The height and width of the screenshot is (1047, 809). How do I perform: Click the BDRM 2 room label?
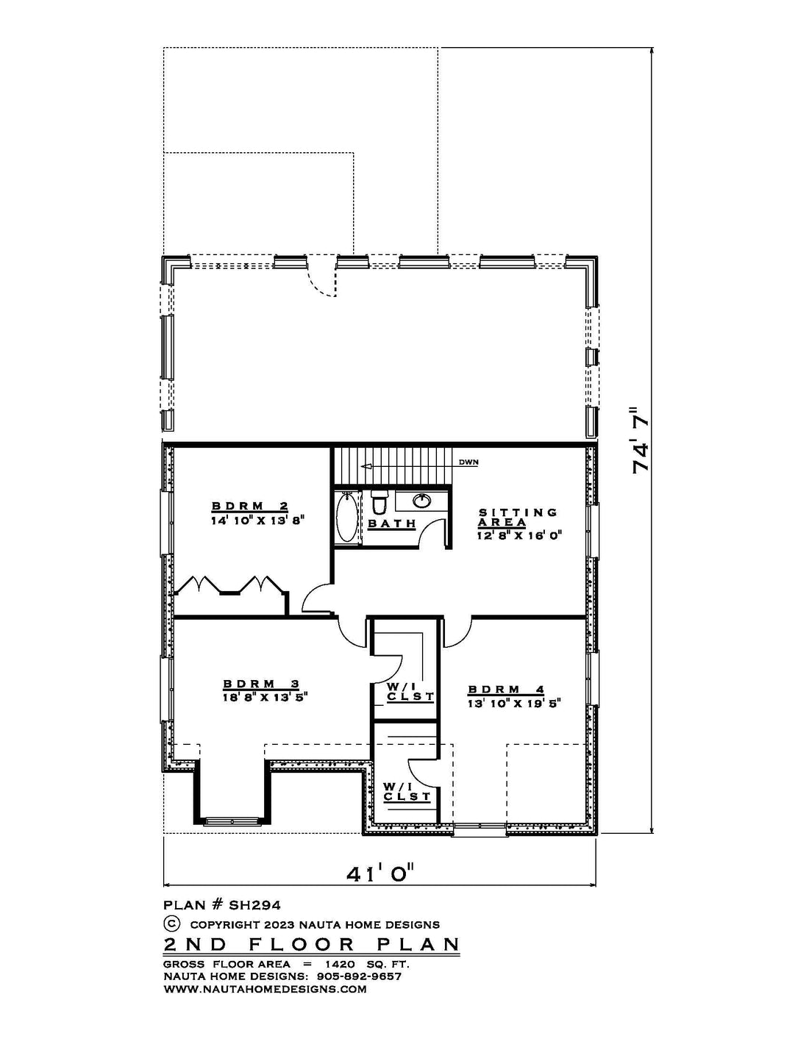(x=249, y=506)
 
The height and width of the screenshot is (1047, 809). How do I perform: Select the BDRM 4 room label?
(x=505, y=690)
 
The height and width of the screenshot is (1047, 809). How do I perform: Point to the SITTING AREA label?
(x=518, y=518)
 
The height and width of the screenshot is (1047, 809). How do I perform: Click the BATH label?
(x=392, y=523)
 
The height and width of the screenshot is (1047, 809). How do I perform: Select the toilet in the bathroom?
(x=379, y=504)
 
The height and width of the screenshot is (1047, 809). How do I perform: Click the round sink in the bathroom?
(x=421, y=501)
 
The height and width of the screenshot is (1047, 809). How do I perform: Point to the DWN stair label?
(x=468, y=462)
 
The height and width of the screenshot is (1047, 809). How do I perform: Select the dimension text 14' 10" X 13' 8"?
(x=257, y=519)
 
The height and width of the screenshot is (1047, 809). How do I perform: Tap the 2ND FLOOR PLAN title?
(x=312, y=944)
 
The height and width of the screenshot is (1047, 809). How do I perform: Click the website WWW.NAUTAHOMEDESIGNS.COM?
(x=264, y=989)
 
